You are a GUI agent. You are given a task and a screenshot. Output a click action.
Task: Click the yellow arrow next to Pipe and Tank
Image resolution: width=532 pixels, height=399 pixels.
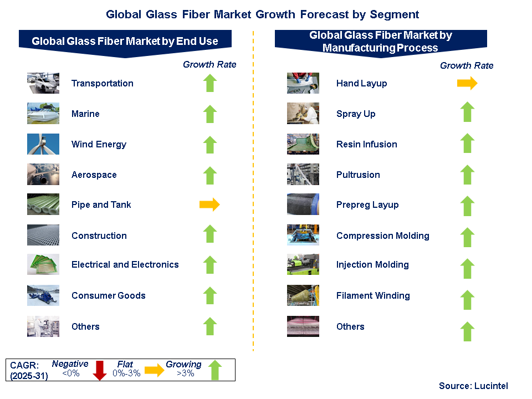pyautogui.click(x=209, y=204)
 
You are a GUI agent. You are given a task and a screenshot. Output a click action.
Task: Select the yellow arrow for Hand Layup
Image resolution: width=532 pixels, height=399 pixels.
pyautogui.click(x=467, y=83)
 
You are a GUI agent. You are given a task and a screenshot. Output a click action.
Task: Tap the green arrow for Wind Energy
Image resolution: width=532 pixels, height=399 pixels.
pyautogui.click(x=210, y=145)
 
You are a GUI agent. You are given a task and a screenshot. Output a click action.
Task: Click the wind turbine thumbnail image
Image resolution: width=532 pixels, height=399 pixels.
pyautogui.click(x=43, y=144)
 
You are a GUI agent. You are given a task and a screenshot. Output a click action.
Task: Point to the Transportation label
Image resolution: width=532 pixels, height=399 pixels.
pyautogui.click(x=103, y=83)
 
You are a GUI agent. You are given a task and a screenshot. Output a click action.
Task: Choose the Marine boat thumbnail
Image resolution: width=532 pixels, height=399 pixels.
pyautogui.click(x=43, y=113)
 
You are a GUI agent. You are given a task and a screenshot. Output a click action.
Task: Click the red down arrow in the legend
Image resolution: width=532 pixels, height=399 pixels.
pyautogui.click(x=100, y=371)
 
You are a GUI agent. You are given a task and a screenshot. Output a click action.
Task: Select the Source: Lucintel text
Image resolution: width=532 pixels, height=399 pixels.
pyautogui.click(x=473, y=386)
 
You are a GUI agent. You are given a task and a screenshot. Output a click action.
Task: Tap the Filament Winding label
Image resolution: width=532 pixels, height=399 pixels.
pyautogui.click(x=373, y=295)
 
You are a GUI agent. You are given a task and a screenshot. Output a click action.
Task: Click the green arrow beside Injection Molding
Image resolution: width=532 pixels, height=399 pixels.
pyautogui.click(x=468, y=268)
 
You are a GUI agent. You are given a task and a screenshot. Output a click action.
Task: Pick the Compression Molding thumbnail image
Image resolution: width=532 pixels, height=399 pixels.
pyautogui.click(x=303, y=235)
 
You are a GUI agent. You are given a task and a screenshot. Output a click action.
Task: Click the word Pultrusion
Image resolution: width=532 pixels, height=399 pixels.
pyautogui.click(x=358, y=175)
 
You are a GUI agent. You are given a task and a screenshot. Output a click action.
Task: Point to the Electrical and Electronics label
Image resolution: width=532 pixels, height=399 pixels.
pyautogui.click(x=125, y=265)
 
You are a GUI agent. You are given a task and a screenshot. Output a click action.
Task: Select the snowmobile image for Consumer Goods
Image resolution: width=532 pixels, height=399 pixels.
pyautogui.click(x=43, y=295)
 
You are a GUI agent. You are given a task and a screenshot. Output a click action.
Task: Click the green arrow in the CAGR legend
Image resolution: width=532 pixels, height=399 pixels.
pyautogui.click(x=215, y=370)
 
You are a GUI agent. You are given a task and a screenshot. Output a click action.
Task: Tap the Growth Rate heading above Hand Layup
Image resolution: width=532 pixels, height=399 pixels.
pyautogui.click(x=467, y=65)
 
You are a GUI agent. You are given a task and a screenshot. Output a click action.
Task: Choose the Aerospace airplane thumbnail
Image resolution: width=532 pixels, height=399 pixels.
pyautogui.click(x=43, y=175)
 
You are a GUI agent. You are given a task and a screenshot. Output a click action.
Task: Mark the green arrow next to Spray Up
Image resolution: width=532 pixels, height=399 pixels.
pyautogui.click(x=468, y=111)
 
